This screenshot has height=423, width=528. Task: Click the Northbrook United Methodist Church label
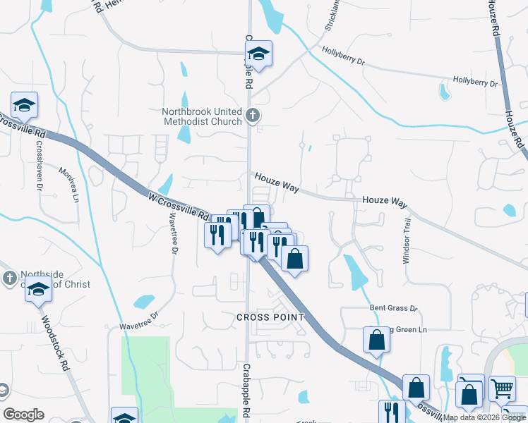[x=201, y=116]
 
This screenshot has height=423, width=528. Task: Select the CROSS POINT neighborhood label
[x=270, y=317]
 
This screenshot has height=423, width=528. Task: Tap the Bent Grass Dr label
[x=394, y=309]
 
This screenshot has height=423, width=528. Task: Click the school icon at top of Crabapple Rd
[x=258, y=54]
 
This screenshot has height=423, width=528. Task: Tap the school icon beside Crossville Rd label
[x=25, y=106]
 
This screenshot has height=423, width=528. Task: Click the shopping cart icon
[x=501, y=388]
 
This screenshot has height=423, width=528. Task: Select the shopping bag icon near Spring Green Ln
[x=378, y=340]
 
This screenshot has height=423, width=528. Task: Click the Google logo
[x=24, y=415]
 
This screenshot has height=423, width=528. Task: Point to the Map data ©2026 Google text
[x=485, y=417]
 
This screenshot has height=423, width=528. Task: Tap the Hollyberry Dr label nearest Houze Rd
[x=475, y=82]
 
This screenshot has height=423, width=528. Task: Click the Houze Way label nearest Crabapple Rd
[x=277, y=182]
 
